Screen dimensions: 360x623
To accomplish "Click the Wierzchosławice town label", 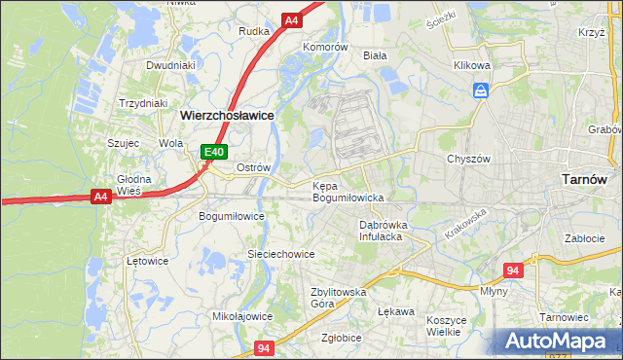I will click(227, 115).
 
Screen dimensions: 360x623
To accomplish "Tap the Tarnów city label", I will click(585, 179).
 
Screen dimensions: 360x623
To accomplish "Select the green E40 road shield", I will click(214, 152).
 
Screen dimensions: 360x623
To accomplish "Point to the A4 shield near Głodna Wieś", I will click(99, 197).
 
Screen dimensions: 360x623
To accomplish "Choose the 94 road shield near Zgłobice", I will click(264, 347).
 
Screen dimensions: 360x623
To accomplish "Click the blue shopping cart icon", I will click(480, 90).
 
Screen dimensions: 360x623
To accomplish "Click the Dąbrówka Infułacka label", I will click(381, 230).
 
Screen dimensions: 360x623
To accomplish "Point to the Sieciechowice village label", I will click(280, 254).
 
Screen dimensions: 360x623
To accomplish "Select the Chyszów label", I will click(465, 159).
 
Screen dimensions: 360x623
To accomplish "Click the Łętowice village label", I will click(148, 261).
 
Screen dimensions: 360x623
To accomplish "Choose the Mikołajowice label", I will click(242, 316).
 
